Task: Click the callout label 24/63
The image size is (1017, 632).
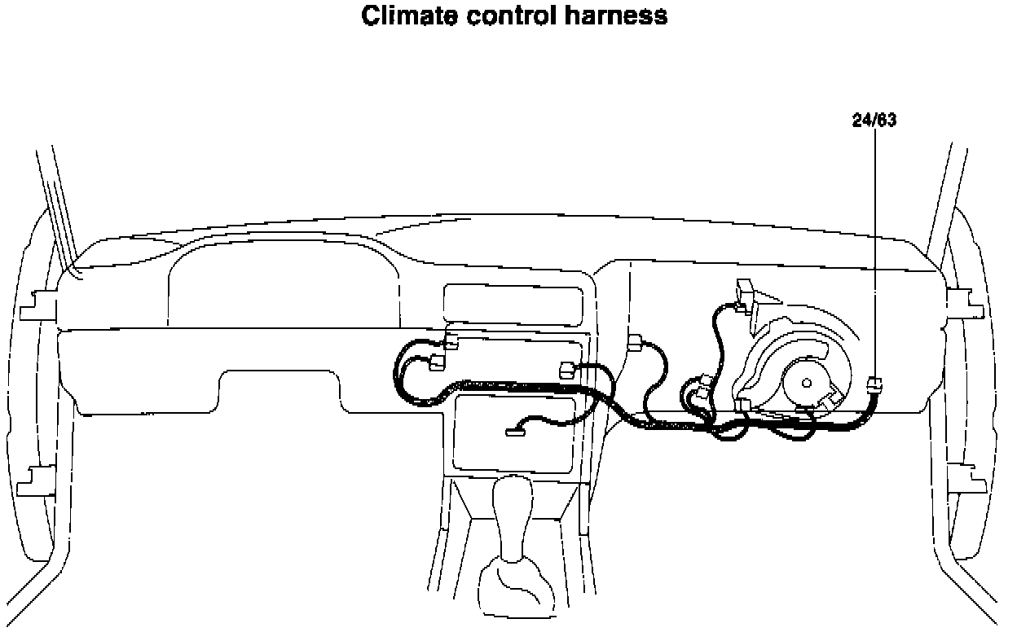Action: [x=874, y=121]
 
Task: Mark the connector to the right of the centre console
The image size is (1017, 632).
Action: [x=636, y=342]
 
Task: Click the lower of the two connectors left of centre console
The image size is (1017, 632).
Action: [x=437, y=362]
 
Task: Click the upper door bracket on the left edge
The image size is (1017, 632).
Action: [x=37, y=305]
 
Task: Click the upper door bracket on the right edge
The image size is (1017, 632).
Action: [x=966, y=300]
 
